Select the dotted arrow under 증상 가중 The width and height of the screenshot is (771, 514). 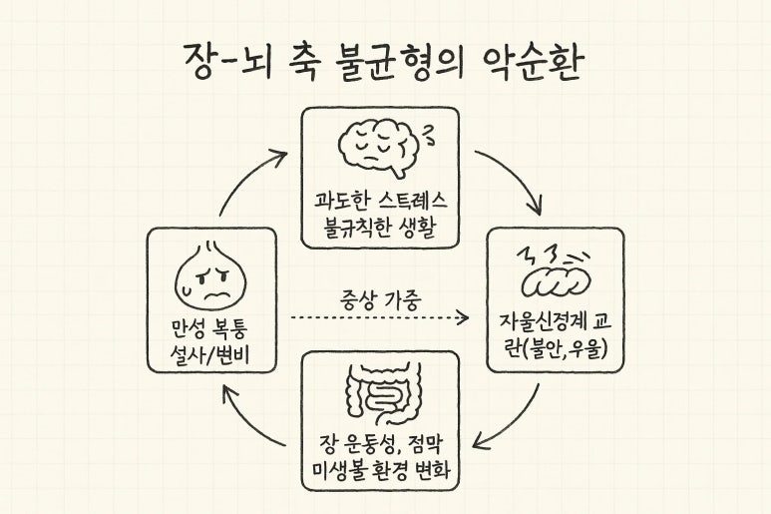[x=379, y=318]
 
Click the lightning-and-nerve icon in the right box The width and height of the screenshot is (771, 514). [x=555, y=271]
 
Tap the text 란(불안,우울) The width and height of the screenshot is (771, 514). [x=555, y=347]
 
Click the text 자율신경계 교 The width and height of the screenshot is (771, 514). [x=555, y=321]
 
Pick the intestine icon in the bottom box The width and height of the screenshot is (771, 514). [x=382, y=392]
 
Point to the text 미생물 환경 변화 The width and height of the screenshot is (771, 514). [x=380, y=470]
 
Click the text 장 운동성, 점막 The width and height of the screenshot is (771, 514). [x=380, y=443]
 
